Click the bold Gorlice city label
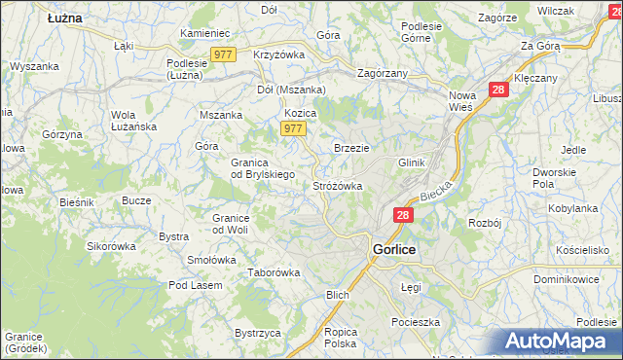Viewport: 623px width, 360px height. [394, 250]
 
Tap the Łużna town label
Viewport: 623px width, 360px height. [65, 18]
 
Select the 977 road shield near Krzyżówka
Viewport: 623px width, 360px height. [222, 55]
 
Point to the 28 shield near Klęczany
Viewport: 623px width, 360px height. [499, 90]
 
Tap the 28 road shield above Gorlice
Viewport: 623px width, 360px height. [404, 215]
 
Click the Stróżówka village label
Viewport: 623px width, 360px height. [338, 185]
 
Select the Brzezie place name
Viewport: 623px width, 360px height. [351, 147]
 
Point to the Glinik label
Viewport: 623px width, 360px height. [412, 162]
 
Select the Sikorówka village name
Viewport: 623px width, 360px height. [110, 246]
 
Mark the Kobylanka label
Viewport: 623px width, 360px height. [572, 208]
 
